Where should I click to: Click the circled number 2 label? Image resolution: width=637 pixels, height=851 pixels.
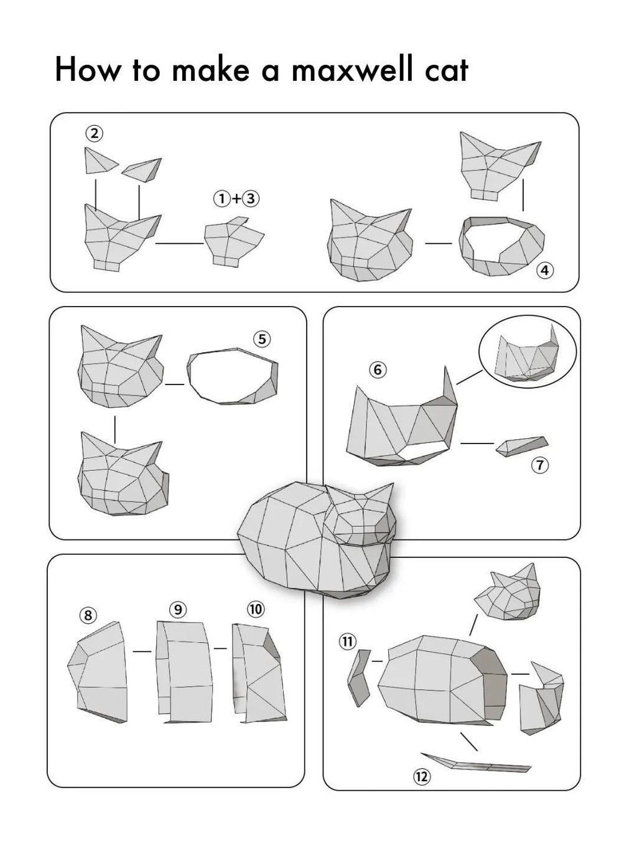tap(95, 133)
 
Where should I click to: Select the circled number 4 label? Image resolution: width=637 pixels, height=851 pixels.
tap(545, 271)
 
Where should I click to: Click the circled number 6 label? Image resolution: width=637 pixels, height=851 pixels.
tap(378, 370)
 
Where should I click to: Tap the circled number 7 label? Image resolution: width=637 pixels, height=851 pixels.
tap(539, 465)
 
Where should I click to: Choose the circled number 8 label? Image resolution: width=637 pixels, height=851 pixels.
tap(88, 615)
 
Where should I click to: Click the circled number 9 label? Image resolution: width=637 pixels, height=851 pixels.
tap(178, 610)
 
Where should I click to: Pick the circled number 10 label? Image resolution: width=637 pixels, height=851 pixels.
tap(256, 609)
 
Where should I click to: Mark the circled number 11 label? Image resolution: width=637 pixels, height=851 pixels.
tap(347, 641)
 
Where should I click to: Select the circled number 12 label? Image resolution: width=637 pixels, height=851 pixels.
tap(421, 776)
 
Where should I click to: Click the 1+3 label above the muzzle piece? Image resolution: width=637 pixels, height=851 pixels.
tap(236, 198)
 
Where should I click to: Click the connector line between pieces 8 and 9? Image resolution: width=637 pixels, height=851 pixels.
tap(142, 651)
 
